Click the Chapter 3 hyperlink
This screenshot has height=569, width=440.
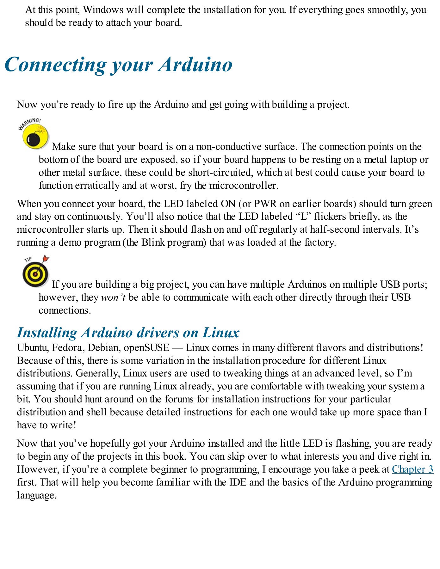(412, 469)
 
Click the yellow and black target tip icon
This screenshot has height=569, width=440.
(35, 274)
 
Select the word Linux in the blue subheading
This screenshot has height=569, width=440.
(221, 333)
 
